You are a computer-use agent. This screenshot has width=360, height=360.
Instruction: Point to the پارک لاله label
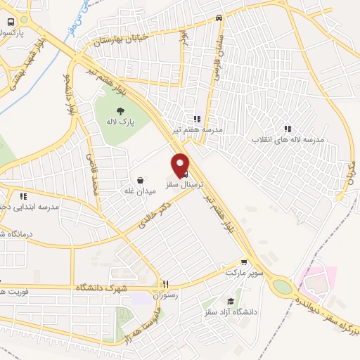(121, 123)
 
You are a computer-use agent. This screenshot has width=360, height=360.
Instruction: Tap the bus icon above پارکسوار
(11, 22)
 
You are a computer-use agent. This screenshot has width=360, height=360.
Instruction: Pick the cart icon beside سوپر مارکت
(244, 261)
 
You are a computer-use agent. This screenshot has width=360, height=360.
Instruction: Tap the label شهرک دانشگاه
(105, 288)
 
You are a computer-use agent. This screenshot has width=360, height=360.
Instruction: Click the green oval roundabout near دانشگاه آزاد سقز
(282, 287)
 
